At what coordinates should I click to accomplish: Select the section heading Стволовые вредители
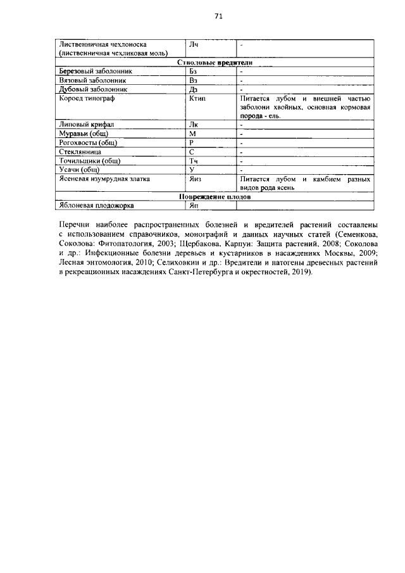pyautogui.click(x=212, y=63)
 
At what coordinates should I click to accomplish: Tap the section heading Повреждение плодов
pyautogui.click(x=212, y=197)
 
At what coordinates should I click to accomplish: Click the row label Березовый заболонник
pyautogui.click(x=95, y=72)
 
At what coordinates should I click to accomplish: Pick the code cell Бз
pyautogui.click(x=194, y=72)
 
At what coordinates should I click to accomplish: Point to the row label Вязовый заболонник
pyautogui.click(x=92, y=81)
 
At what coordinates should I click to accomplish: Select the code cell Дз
pyautogui.click(x=194, y=90)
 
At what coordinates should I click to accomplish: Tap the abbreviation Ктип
pyautogui.click(x=198, y=99)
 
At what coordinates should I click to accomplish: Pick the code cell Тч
pyautogui.click(x=193, y=161)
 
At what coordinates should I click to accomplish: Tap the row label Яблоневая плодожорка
pyautogui.click(x=96, y=205)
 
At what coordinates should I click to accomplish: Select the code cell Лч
pyautogui.click(x=194, y=45)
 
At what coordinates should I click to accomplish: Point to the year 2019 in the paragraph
pyautogui.click(x=298, y=272)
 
